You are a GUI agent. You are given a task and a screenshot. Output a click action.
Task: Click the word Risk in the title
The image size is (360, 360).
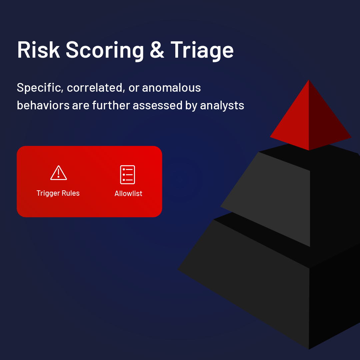(39, 50)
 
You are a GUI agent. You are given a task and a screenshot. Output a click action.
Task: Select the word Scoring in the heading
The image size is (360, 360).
(105, 51)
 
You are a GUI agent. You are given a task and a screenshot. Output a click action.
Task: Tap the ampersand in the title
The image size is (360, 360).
(157, 50)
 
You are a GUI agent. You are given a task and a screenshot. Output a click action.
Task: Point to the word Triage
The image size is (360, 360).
(202, 51)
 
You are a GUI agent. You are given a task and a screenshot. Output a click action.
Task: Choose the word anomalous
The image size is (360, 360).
(172, 88)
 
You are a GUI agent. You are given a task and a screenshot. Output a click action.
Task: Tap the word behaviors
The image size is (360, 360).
(43, 105)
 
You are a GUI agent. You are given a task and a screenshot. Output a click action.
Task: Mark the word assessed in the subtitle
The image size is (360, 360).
(157, 105)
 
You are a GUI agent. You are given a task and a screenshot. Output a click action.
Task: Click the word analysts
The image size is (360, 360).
(222, 106)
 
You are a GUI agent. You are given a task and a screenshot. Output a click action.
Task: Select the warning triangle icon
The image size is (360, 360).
(59, 173)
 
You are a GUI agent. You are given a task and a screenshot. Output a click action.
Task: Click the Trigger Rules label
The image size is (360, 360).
(58, 193)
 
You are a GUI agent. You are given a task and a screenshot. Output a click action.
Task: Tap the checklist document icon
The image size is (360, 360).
(127, 174)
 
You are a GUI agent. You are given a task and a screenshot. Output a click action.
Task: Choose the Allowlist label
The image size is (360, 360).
(128, 194)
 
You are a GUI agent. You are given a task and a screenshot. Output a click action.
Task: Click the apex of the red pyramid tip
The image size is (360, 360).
(309, 80)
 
